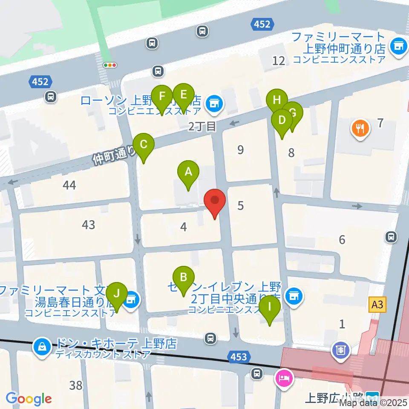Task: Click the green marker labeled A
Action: [x=188, y=172]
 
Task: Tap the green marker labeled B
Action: [x=184, y=277]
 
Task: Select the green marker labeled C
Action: [x=144, y=144]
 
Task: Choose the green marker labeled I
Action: [x=270, y=306]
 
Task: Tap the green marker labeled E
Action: [x=184, y=94]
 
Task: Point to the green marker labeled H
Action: [x=277, y=101]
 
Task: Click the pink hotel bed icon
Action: [x=285, y=378]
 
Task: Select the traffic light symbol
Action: [x=110, y=65]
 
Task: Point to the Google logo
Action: [x=29, y=399]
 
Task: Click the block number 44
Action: [x=69, y=185]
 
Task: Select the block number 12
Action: [x=279, y=61]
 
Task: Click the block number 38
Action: [x=76, y=386]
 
